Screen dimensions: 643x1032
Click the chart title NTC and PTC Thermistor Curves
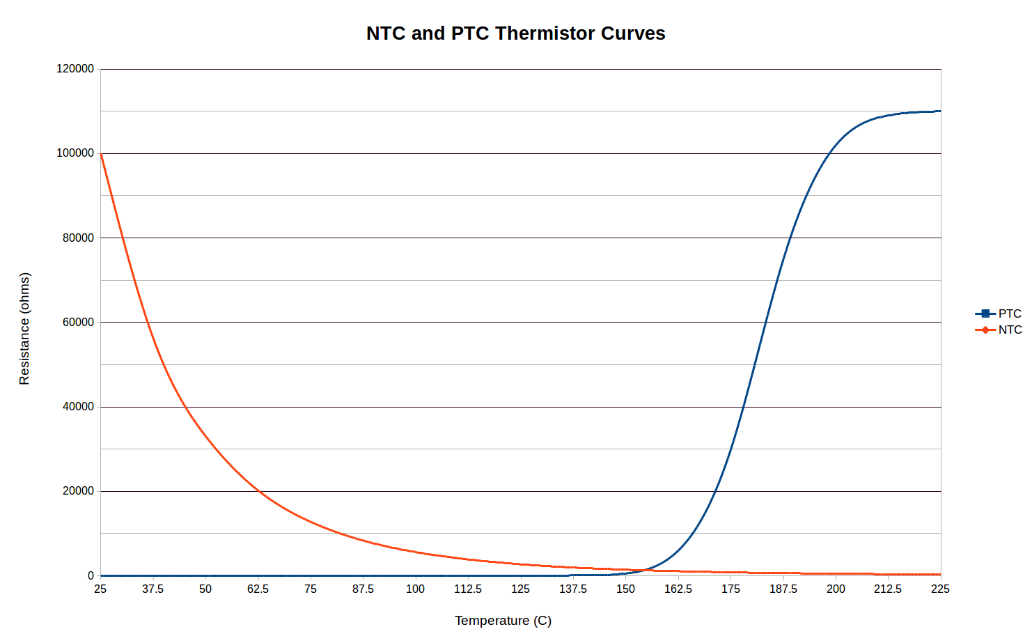515,33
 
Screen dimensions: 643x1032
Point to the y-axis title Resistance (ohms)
24,328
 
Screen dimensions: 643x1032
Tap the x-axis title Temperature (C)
503,620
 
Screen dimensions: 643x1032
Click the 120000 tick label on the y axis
75,69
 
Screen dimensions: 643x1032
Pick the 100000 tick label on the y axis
75,153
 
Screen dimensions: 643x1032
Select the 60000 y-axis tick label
78,322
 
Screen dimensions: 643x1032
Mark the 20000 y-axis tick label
78,491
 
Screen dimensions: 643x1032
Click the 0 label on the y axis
91,575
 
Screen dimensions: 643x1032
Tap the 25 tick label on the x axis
100,589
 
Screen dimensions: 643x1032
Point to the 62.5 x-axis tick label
258,589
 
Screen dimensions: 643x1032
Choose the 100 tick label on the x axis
415,589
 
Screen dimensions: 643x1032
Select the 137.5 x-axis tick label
572,589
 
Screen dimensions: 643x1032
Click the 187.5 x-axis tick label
783,589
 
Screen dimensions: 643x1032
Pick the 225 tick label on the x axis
940,589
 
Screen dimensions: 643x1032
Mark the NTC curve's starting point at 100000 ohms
101,153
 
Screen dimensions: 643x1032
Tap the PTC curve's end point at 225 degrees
940,111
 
